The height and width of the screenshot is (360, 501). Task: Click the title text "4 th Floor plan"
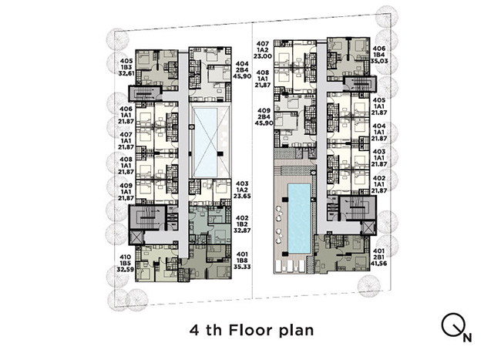point(251,330)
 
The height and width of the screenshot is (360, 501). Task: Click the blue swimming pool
point(299,218)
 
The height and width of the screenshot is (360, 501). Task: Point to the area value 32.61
point(126,73)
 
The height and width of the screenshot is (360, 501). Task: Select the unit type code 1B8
point(242,261)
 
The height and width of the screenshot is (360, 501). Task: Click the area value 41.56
point(378,264)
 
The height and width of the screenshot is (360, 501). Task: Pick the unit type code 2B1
point(378,257)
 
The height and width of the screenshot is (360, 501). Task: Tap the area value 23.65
point(242,196)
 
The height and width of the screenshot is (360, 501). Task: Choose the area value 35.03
point(379,61)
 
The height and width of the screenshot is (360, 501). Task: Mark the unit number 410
point(125,257)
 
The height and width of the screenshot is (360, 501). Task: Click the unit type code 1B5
point(125,263)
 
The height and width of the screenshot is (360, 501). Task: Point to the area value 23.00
point(263,56)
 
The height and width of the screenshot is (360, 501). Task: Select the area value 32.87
point(242,230)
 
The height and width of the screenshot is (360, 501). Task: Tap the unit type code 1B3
point(126,67)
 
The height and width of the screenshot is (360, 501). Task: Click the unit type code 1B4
point(379,55)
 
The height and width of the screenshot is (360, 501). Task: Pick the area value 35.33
point(242,267)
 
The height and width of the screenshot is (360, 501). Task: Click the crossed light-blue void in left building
point(206,143)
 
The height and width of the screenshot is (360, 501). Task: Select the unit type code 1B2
point(242,224)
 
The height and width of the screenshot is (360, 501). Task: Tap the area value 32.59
point(125,269)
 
